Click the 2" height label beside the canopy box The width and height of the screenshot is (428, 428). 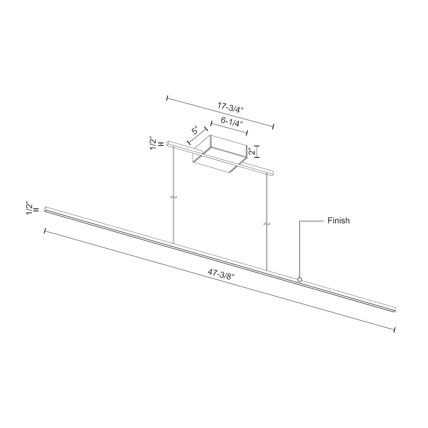tap(251, 152)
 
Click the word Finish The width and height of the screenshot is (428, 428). tap(338, 221)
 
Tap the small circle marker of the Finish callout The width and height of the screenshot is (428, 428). tap(300, 280)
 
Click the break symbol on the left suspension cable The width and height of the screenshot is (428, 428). tap(173, 197)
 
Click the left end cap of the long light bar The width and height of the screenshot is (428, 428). tap(46, 209)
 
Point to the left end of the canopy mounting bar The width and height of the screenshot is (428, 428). tap(169, 143)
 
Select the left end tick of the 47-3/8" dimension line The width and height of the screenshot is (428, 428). tap(45, 231)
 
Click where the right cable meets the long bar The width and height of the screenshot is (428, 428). tap(267, 270)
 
